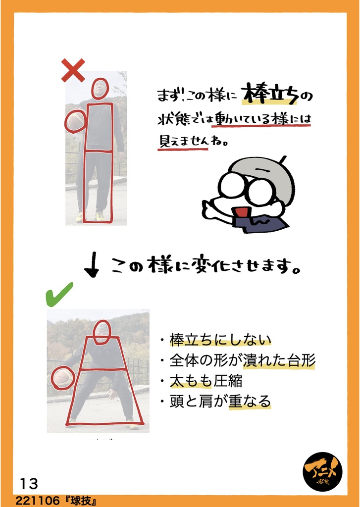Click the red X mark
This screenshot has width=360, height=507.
73,70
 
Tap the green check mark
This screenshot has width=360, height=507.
59,294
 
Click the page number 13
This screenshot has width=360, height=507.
29,484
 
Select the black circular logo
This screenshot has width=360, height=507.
322,472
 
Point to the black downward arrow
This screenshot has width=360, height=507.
93,265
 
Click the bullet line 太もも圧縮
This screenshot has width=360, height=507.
206,381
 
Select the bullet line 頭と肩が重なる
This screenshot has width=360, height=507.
220,402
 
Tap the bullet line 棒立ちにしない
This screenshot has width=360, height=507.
220,340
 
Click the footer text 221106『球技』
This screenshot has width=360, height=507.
56,501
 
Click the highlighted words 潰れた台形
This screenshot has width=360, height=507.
278,360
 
